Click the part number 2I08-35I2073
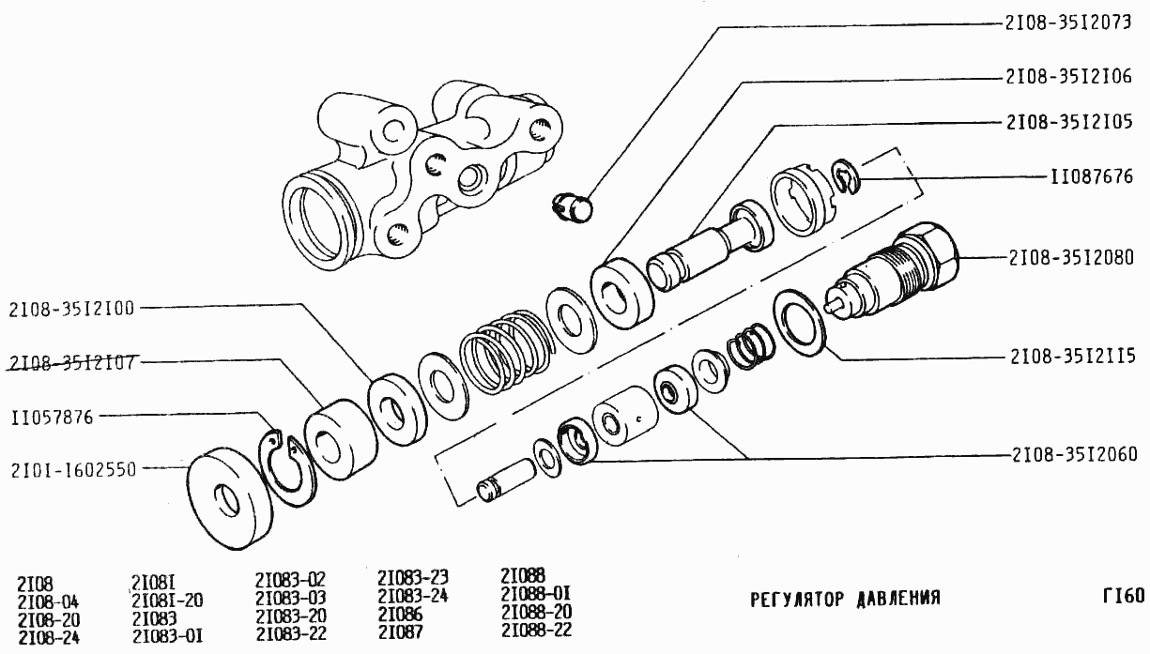point(1068,23)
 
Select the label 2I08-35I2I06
point(1068,76)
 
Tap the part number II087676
point(1092,177)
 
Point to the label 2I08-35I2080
point(1071,257)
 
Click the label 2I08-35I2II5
point(1073,356)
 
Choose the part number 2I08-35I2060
point(1075,454)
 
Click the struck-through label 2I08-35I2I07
point(72,363)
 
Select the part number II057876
point(53,417)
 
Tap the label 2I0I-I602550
point(74,470)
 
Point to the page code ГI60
point(1124,596)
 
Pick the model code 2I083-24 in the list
point(413,596)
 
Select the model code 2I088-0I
point(536,594)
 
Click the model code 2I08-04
point(48,601)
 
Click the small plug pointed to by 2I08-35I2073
point(573,207)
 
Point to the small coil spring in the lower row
point(752,347)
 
